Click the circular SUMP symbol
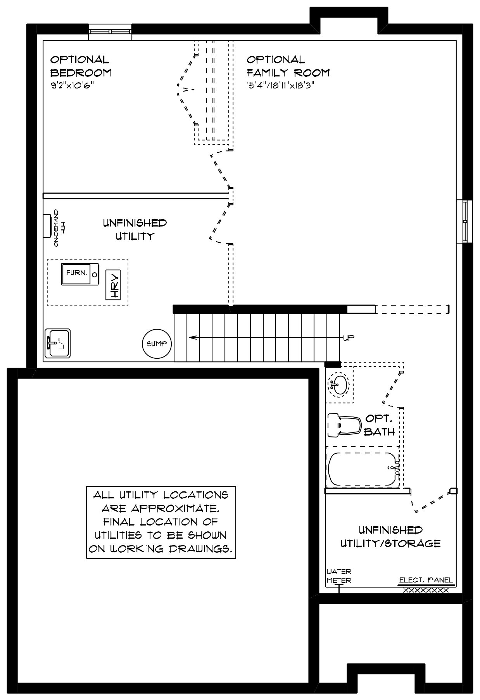(x=157, y=344)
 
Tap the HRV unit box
(x=113, y=285)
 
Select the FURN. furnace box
(x=80, y=275)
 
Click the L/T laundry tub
(x=58, y=343)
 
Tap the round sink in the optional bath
(x=339, y=385)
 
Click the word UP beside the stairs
(x=349, y=338)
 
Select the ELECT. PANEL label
(x=426, y=580)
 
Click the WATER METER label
(x=339, y=576)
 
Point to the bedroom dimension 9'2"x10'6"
(x=73, y=86)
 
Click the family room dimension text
(x=280, y=86)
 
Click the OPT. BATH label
(x=380, y=425)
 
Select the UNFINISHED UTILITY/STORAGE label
(x=390, y=537)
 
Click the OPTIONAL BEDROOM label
(x=81, y=66)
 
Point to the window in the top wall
(x=110, y=32)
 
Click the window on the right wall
(x=464, y=221)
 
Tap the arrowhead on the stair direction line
(x=192, y=337)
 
